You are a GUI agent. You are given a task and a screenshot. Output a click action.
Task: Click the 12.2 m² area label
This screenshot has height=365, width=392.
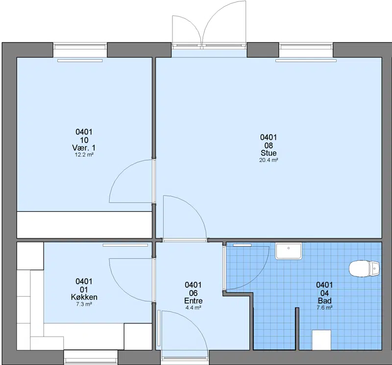(x=84, y=155)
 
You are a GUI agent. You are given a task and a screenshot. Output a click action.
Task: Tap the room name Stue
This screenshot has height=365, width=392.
(x=269, y=153)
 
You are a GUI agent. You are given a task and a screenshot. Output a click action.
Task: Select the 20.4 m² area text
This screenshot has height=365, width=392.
(x=269, y=160)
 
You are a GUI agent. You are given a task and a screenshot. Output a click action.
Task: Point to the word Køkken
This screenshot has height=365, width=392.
(x=84, y=297)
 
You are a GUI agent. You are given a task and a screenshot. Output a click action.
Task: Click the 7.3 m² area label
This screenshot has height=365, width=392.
(x=84, y=304)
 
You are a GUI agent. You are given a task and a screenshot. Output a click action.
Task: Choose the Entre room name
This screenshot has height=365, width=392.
(x=193, y=300)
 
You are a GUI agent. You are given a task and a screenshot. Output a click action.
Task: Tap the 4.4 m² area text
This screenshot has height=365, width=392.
(x=193, y=308)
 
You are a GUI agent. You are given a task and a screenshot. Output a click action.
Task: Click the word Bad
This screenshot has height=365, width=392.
(x=324, y=300)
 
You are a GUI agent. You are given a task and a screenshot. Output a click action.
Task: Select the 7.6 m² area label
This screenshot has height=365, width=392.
(x=324, y=308)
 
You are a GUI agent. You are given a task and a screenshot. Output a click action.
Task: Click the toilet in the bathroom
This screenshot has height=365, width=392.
(x=365, y=269)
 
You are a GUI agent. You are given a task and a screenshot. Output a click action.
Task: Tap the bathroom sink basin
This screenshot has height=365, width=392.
(x=289, y=251)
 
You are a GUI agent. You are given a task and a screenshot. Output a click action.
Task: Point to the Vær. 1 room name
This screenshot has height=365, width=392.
(x=84, y=148)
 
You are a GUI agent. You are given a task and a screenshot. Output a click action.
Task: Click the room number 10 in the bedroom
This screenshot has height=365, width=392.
(x=84, y=140)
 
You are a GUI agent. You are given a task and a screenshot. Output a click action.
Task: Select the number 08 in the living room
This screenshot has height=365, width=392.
(x=269, y=145)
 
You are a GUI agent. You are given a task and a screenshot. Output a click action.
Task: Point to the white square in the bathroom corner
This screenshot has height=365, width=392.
(x=321, y=340)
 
